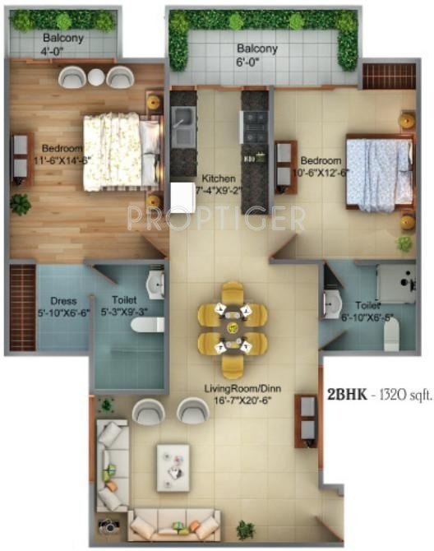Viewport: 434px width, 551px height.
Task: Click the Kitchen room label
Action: [219, 178]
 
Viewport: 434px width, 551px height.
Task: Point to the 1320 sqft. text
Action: [404, 393]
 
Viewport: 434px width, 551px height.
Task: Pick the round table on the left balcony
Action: [96, 78]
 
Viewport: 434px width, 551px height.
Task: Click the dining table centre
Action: [233, 329]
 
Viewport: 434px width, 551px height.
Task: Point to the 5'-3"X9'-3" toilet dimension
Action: [126, 313]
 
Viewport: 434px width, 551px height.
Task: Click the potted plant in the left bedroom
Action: [20, 203]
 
